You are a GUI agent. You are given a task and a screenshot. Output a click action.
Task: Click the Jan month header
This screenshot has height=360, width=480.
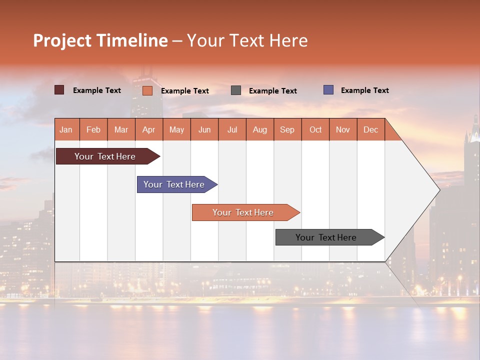pos(66,129)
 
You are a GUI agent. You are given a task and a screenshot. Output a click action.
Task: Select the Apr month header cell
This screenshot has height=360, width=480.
pos(148,129)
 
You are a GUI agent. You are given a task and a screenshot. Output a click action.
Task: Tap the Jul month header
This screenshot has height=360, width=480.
pos(232,129)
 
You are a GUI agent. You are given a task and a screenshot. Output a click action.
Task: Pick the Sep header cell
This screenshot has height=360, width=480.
pos(287,129)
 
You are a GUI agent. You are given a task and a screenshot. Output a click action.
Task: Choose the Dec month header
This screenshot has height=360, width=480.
pos(370,129)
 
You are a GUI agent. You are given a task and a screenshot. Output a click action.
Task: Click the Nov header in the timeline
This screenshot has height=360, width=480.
pos(342,129)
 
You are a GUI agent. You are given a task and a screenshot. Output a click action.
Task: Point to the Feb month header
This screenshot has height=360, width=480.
pos(93,129)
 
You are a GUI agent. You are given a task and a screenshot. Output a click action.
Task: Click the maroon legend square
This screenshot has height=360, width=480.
pos(59,90)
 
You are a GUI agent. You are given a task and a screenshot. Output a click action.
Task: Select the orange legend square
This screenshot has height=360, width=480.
pos(147,90)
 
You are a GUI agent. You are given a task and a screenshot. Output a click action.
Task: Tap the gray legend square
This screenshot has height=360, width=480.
pos(236,90)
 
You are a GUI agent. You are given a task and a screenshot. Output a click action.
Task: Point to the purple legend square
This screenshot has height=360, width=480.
pos(328,90)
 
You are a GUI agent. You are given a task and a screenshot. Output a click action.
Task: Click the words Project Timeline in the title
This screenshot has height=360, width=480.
pos(100,40)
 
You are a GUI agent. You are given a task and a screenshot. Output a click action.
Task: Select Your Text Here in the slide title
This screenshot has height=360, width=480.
pos(247,40)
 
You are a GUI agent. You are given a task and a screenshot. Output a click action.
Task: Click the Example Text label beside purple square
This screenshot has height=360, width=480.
pos(364,90)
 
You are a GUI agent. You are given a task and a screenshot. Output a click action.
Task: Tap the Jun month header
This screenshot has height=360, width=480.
pos(204,129)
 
